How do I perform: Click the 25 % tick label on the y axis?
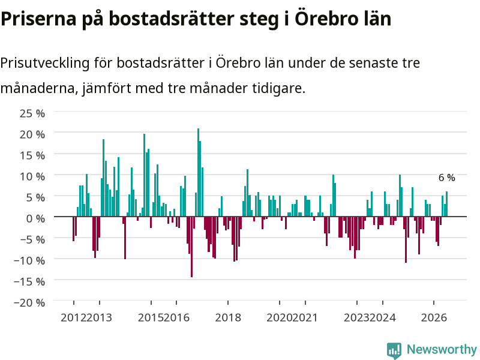32,113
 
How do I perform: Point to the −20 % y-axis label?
29,303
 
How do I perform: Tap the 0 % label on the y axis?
35,218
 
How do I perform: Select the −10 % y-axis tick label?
29,260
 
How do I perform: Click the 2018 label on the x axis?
228,317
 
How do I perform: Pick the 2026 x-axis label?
434,317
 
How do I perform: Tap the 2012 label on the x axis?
73,317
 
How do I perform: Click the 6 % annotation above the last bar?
446,178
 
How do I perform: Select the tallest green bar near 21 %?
199,172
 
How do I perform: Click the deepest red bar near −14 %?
191,247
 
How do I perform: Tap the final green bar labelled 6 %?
446,204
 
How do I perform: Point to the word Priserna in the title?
38,19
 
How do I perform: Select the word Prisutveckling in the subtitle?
45,63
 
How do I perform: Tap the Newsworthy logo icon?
394,350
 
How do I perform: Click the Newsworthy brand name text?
442,349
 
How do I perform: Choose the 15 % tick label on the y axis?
32,155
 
